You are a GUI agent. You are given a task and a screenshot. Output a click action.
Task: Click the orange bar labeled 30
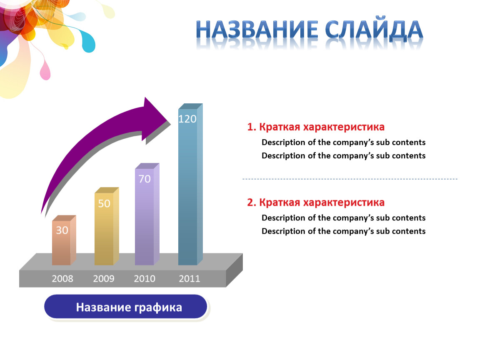[64, 240]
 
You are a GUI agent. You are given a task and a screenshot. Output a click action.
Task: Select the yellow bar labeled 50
[107, 226]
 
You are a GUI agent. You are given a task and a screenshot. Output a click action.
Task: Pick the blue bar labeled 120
[190, 184]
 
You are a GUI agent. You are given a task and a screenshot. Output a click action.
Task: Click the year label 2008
[62, 279]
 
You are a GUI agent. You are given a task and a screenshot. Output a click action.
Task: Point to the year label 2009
[104, 279]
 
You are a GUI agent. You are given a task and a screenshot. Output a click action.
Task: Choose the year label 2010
[145, 279]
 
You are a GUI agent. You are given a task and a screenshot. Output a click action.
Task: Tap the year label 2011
[190, 279]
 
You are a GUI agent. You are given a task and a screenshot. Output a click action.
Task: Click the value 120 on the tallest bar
[187, 119]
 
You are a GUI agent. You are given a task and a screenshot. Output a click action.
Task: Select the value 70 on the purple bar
[145, 179]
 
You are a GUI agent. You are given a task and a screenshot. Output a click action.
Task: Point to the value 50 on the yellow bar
[104, 203]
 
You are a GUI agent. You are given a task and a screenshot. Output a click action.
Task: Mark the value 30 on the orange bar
[62, 230]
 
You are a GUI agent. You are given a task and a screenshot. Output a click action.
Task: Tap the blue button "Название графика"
[126, 307]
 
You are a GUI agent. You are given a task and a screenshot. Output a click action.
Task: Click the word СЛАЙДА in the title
[374, 30]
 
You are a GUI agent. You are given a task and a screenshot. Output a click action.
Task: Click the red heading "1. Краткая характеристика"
[316, 127]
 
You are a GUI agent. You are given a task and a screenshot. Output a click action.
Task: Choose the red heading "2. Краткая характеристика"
[316, 202]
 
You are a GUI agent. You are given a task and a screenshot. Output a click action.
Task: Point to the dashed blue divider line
[350, 179]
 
